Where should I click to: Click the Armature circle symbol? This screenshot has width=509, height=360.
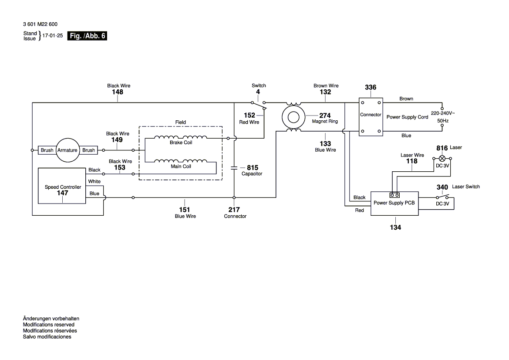click(x=67, y=150)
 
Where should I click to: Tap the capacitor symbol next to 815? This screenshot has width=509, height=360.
click(x=234, y=167)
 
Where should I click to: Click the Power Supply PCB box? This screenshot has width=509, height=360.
click(x=394, y=203)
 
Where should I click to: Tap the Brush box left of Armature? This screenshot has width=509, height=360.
click(x=47, y=150)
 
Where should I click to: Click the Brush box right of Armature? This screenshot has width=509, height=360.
click(x=88, y=150)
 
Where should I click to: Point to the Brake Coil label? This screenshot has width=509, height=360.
click(x=181, y=143)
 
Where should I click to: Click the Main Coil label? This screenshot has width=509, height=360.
click(x=181, y=166)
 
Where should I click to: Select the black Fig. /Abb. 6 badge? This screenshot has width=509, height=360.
click(x=87, y=37)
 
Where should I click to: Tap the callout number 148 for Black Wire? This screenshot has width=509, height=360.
click(x=118, y=92)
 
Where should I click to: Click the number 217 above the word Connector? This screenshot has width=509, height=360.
click(x=234, y=210)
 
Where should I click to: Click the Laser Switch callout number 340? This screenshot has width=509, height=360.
click(x=442, y=187)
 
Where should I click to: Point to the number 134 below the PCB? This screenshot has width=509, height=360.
click(x=395, y=227)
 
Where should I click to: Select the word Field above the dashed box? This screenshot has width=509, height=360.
click(x=180, y=122)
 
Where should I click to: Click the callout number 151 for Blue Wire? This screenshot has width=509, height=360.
click(x=185, y=210)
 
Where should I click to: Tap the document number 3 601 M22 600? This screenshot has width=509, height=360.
click(x=40, y=24)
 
